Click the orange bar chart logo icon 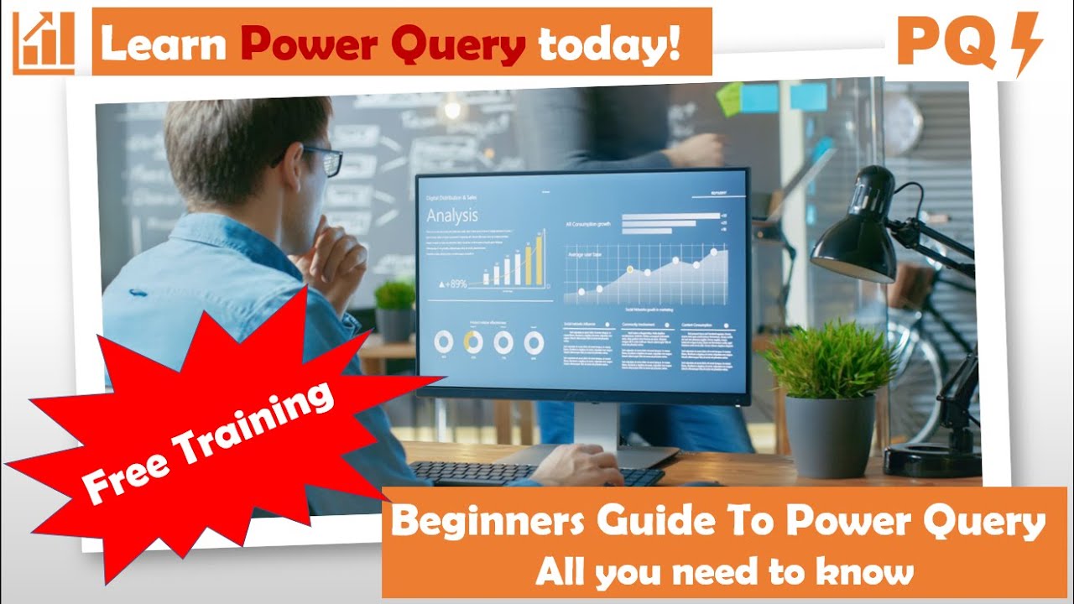[x=44, y=43]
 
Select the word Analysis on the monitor [x=452, y=216]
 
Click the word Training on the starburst [x=252, y=420]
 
